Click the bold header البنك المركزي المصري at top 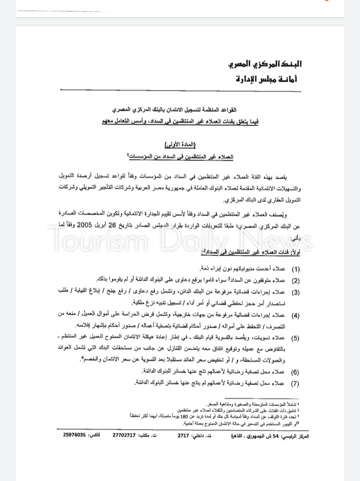tap(265, 64)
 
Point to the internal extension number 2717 tap(184, 436)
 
